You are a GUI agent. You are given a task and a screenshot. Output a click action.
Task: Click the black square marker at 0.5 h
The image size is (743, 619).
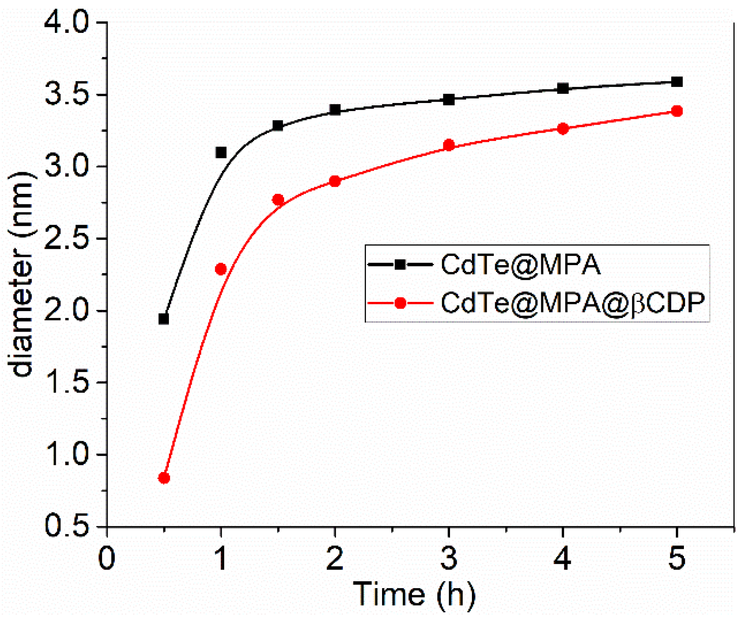tap(164, 319)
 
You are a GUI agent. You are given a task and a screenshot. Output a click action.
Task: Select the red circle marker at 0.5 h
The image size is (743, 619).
tap(164, 478)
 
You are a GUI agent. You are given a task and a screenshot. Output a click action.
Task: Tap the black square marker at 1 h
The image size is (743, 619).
tap(221, 152)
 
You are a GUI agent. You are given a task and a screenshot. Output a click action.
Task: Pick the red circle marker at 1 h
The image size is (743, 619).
tap(221, 269)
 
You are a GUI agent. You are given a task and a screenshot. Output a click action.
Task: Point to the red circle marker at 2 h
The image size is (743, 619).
tap(335, 182)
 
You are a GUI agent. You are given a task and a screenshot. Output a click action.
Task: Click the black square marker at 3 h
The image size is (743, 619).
tap(449, 100)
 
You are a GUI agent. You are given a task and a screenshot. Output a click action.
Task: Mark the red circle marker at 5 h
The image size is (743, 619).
tap(677, 111)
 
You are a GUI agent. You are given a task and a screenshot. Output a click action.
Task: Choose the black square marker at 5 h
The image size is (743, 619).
tap(677, 81)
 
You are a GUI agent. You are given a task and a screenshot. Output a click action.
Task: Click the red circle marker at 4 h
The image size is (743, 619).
tap(563, 129)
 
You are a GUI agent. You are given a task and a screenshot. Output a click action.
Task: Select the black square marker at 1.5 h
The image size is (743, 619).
tap(278, 125)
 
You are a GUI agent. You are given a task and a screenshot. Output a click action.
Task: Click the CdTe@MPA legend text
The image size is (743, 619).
tap(521, 265)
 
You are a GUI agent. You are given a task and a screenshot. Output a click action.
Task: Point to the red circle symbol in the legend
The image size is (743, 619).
tap(400, 303)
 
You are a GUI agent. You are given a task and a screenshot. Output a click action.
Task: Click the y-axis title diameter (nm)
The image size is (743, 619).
tap(22, 274)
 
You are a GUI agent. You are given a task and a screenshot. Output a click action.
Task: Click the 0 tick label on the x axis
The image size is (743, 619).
tap(107, 558)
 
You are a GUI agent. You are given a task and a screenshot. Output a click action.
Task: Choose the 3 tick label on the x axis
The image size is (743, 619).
tap(449, 558)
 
